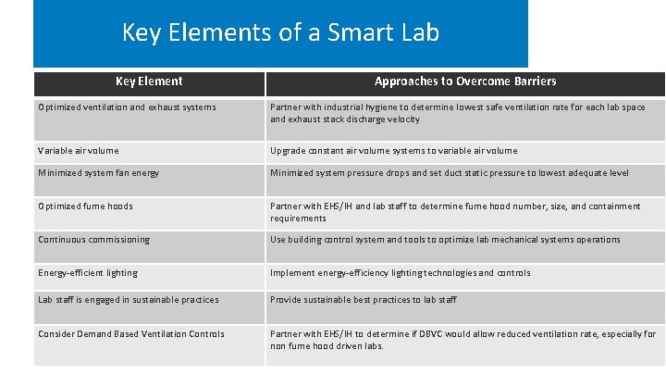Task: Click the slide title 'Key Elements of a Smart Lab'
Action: (x=280, y=33)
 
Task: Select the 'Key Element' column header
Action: (x=149, y=81)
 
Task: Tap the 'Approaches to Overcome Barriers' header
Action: (x=465, y=81)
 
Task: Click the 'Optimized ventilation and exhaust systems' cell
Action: (x=127, y=107)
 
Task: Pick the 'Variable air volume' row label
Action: (x=79, y=151)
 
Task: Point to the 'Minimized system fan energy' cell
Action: (x=99, y=173)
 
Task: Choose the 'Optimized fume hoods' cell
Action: (x=85, y=206)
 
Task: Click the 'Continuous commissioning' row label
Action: (x=93, y=240)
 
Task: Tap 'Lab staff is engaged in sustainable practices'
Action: (x=129, y=300)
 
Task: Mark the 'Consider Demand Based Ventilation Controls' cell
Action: (x=131, y=334)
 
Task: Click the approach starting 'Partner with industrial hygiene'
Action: (x=457, y=113)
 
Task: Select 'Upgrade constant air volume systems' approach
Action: (x=393, y=151)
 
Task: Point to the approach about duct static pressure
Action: (x=449, y=173)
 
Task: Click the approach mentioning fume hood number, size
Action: (x=454, y=212)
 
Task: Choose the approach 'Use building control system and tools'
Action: (x=445, y=240)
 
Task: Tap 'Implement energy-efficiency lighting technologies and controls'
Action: (x=400, y=273)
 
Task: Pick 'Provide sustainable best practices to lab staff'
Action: (x=363, y=300)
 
